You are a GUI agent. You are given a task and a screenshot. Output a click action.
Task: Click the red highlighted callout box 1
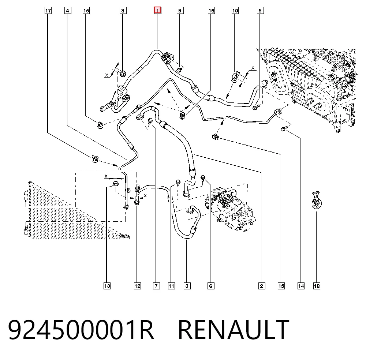[157, 11]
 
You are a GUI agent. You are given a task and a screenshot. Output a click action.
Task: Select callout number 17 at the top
[48, 11]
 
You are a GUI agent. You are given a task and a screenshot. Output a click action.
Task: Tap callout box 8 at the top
[123, 11]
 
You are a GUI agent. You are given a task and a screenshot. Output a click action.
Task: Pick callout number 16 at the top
[211, 11]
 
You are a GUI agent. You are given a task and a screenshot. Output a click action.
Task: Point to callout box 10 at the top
[235, 11]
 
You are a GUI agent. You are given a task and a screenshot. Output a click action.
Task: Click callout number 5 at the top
[260, 11]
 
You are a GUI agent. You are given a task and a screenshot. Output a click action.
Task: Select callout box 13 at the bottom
[107, 286]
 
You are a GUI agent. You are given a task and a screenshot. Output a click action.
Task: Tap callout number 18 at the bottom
[317, 286]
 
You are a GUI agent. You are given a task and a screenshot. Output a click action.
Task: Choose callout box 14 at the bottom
[301, 286]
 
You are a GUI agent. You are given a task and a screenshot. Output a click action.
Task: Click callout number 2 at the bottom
[262, 286]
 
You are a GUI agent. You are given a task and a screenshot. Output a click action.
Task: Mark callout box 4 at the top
[68, 11]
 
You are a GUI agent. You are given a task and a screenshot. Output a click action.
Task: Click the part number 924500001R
[81, 330]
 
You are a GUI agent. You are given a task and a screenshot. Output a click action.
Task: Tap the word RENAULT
[234, 330]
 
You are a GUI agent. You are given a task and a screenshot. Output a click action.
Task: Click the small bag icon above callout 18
[316, 200]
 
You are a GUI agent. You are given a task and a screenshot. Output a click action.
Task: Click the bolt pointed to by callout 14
[284, 128]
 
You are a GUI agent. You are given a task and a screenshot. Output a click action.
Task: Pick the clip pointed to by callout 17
[95, 158]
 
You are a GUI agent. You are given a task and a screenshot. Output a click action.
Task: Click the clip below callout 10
[235, 77]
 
